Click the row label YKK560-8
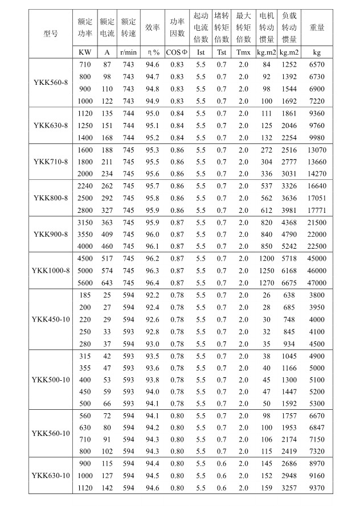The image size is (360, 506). (51, 83)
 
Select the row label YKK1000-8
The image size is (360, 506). (51, 270)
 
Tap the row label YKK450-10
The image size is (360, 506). (51, 319)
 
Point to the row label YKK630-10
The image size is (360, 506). (51, 475)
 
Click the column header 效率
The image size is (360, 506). (152, 27)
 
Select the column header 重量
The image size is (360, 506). (317, 27)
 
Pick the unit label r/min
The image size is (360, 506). (128, 52)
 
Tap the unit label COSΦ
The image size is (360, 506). (177, 52)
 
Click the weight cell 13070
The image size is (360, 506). (317, 150)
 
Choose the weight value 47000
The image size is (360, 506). (317, 282)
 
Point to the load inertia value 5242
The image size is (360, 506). (289, 246)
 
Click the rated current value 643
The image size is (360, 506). (107, 282)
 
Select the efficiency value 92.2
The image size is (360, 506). (152, 295)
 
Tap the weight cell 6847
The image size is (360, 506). (317, 427)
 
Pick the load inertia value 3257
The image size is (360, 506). (289, 488)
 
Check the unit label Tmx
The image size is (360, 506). (243, 52)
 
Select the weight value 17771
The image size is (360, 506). (317, 209)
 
